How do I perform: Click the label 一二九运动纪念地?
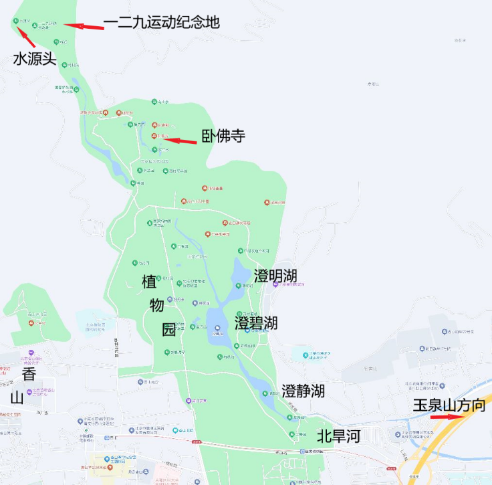pyautogui.click(x=161, y=22)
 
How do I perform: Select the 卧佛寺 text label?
pyautogui.click(x=223, y=137)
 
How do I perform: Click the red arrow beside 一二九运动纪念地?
pyautogui.click(x=85, y=26)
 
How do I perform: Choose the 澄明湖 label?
pyautogui.click(x=275, y=276)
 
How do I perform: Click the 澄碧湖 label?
pyautogui.click(x=256, y=322)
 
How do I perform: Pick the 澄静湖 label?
pyautogui.click(x=303, y=391)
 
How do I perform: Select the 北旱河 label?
pyautogui.click(x=338, y=437)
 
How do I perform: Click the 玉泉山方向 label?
pyautogui.click(x=448, y=405)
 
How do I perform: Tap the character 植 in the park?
pyautogui.click(x=149, y=281)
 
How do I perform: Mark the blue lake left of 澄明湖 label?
pyautogui.click(x=238, y=274)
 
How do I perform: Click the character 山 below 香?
pyautogui.click(x=18, y=398)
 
